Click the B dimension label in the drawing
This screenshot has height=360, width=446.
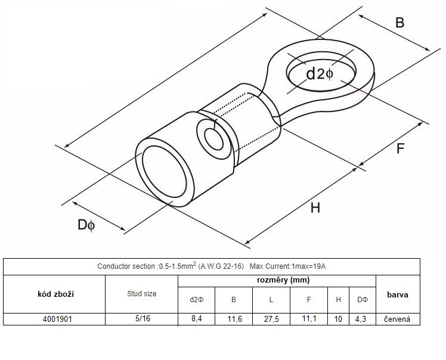[x=399, y=23]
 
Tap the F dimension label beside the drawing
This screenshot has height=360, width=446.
[x=400, y=148]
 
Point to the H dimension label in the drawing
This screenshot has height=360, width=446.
[x=315, y=208]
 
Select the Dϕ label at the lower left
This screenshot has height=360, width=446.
[x=86, y=225]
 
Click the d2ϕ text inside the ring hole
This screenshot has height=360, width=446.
[x=320, y=74]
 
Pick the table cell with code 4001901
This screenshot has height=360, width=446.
[x=57, y=319]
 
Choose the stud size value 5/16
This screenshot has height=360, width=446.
[x=143, y=318]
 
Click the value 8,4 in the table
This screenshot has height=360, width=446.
[x=197, y=318]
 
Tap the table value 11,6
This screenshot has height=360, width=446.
[x=235, y=319]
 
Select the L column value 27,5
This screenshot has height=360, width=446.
[x=271, y=319]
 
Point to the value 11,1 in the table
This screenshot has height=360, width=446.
[x=309, y=318]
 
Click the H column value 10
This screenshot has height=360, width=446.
[x=338, y=319]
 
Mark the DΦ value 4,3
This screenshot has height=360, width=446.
[x=360, y=319]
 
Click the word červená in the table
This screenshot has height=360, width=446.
[x=397, y=319]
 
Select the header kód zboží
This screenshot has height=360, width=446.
[x=56, y=294]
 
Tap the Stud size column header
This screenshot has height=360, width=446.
[x=142, y=294]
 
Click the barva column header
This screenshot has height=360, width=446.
[x=398, y=294]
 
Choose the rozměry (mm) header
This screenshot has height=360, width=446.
[x=283, y=280]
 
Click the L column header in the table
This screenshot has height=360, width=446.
[x=271, y=300]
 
